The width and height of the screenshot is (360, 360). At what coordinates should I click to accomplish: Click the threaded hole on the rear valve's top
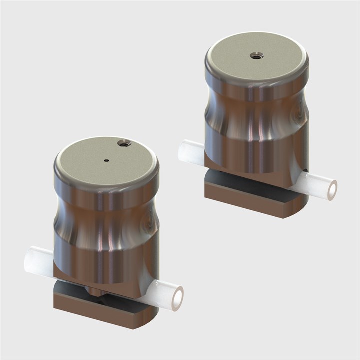(256, 54)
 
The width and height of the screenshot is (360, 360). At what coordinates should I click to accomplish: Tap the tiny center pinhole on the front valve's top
(107, 160)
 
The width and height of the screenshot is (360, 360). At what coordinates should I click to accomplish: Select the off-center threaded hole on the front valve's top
(123, 144)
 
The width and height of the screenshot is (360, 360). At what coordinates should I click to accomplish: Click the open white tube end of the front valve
(176, 292)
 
